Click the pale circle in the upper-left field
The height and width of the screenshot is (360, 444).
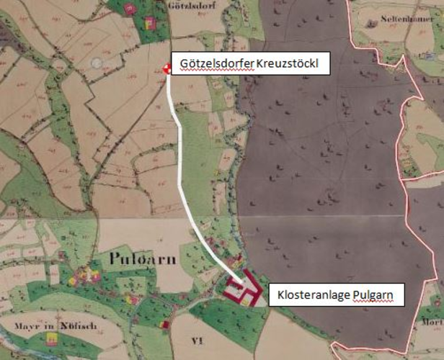click(97, 63)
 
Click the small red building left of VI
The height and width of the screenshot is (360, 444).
click(165, 325)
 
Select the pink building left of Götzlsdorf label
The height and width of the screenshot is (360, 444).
click(130, 9)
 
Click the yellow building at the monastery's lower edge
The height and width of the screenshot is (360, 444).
click(246, 303)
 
